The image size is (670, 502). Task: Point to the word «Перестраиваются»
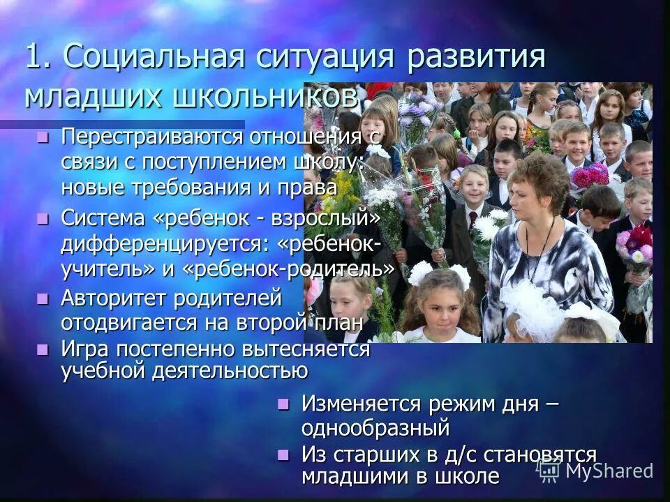click(151, 137)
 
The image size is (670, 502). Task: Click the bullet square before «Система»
click(43, 219)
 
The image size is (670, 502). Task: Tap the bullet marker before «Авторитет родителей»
click(43, 299)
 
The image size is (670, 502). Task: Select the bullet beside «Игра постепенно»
click(43, 348)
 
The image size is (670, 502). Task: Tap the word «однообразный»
click(375, 426)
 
